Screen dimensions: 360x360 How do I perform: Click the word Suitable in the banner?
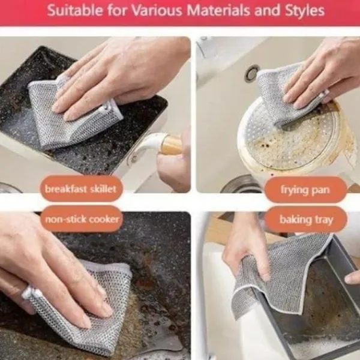click(75, 10)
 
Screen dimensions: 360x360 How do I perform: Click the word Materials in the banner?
click(218, 10)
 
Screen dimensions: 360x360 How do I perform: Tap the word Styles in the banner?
click(304, 11)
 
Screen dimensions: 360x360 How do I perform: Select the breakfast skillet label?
click(81, 189)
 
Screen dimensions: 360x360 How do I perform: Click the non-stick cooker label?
click(82, 219)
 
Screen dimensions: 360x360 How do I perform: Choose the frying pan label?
click(305, 190)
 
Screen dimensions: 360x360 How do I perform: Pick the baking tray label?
click(306, 220)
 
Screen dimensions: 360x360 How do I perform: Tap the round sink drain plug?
click(251, 73)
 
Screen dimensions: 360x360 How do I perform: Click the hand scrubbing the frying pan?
click(322, 73)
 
